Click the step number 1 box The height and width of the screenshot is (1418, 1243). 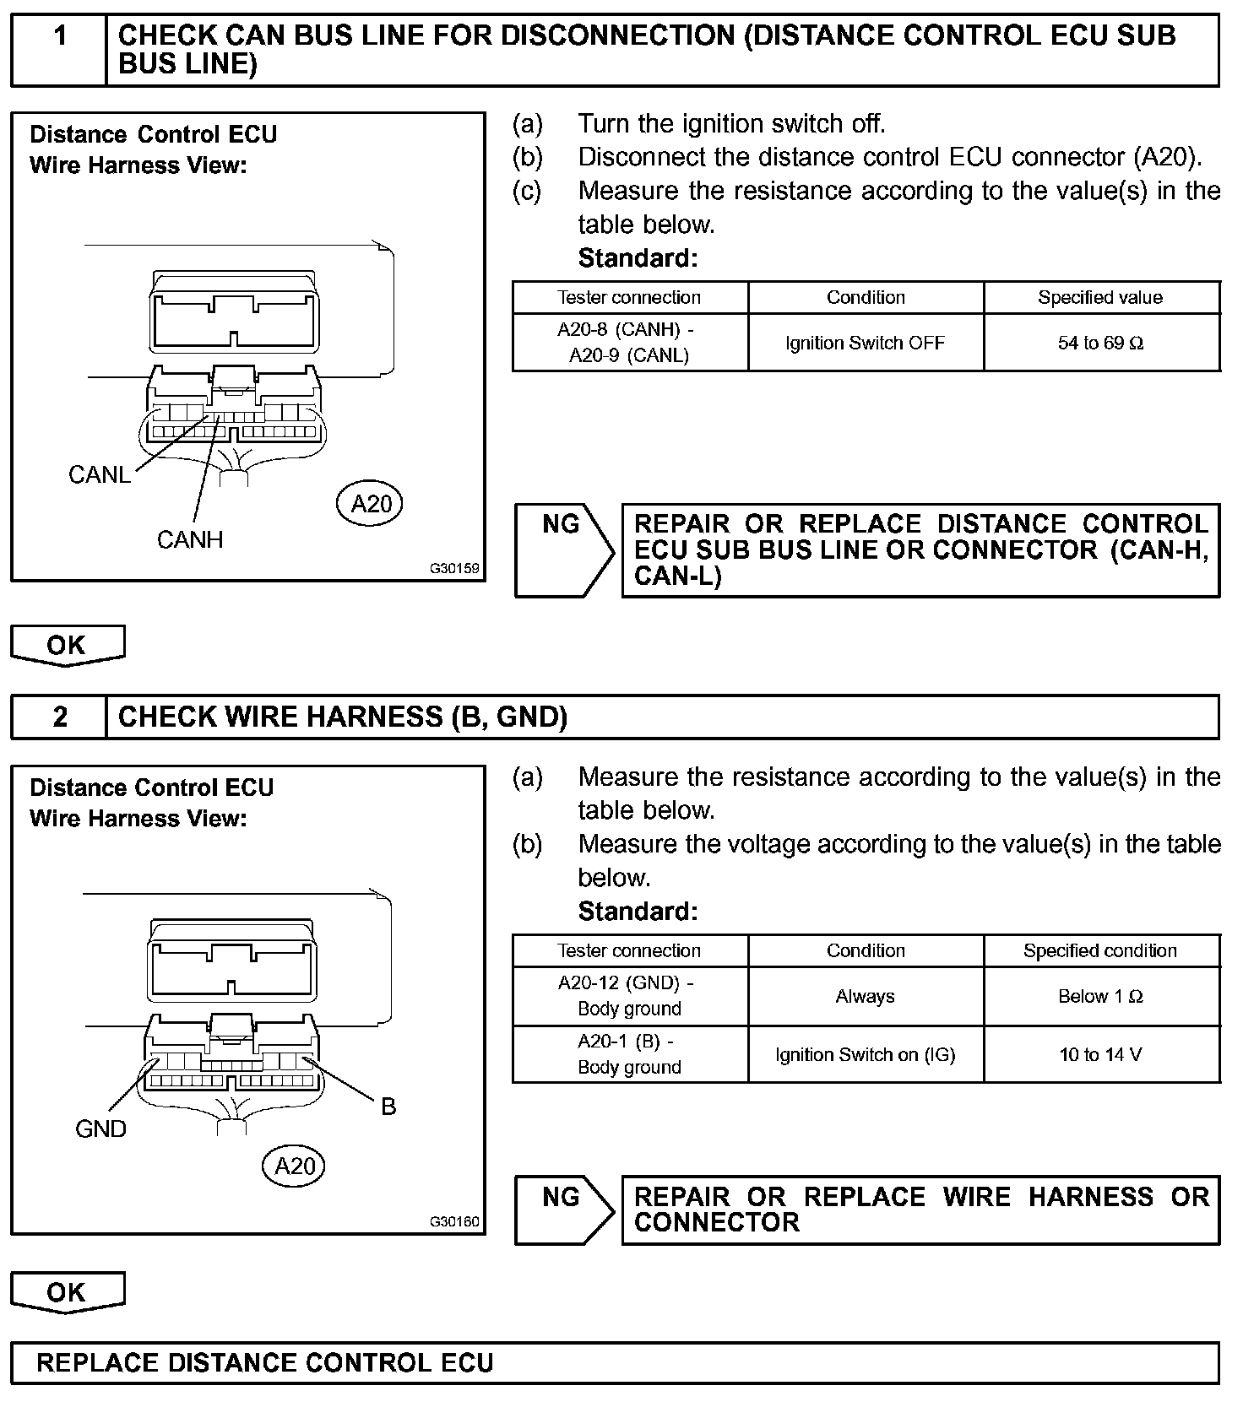(x=59, y=50)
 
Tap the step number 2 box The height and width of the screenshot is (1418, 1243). (x=59, y=717)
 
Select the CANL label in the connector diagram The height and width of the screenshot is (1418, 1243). (x=100, y=475)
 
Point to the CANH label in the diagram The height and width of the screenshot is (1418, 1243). (x=190, y=539)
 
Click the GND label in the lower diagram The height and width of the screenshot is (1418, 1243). (x=100, y=1128)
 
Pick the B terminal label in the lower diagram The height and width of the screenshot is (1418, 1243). (x=388, y=1107)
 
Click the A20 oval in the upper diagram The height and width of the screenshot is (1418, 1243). (x=371, y=504)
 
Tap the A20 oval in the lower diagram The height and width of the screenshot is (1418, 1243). (x=294, y=1166)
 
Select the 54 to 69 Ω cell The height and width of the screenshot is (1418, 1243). (x=1101, y=343)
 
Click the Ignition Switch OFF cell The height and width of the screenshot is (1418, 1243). (x=866, y=343)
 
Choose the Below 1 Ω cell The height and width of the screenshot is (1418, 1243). (x=1101, y=996)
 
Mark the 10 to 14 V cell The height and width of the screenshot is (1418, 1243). (x=1101, y=1054)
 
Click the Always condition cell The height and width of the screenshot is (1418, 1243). (x=866, y=996)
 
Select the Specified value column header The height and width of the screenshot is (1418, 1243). (x=1101, y=297)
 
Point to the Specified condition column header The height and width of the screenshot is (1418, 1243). (x=1101, y=950)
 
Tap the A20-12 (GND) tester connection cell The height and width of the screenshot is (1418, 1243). (x=629, y=996)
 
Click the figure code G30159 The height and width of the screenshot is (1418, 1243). (x=454, y=568)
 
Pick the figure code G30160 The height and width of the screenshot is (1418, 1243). (x=454, y=1221)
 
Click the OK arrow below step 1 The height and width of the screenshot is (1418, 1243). (x=68, y=646)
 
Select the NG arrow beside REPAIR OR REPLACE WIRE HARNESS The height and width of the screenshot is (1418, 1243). (x=564, y=1210)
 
